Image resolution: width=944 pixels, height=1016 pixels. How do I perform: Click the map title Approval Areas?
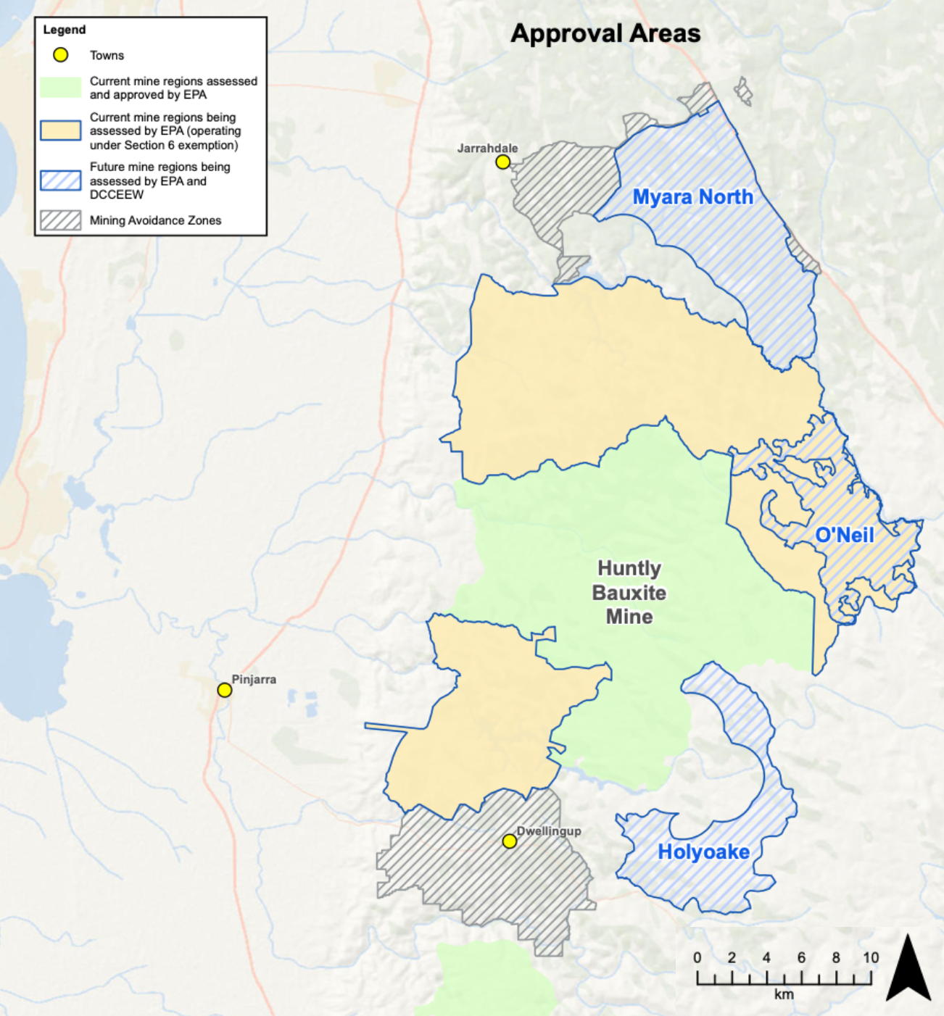[x=605, y=34]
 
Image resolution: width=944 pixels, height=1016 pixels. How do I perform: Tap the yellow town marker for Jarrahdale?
[x=502, y=162]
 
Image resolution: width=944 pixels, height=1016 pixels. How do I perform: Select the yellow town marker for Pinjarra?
[x=225, y=690]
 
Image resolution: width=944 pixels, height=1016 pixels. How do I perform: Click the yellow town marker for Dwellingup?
[x=510, y=841]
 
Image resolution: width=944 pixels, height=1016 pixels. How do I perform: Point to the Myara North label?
[x=692, y=197]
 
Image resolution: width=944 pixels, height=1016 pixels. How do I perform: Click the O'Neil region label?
[x=844, y=536]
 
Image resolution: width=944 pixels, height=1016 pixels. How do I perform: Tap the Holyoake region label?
[x=703, y=852]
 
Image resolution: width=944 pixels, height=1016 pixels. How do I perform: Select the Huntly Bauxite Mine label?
[x=629, y=593]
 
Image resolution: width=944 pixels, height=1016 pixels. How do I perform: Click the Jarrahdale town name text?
[x=487, y=149]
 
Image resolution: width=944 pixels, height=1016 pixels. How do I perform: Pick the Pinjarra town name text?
[x=254, y=680]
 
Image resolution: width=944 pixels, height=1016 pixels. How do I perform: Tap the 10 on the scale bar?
[x=870, y=958]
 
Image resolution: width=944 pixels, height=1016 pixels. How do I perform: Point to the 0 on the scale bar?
[x=697, y=958]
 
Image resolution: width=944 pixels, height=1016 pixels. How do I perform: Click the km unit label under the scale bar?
[x=784, y=994]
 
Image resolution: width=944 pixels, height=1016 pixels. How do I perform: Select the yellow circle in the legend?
[x=61, y=55]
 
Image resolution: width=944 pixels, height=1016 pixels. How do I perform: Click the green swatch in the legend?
[x=61, y=88]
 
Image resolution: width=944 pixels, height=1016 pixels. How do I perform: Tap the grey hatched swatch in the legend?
[x=61, y=220]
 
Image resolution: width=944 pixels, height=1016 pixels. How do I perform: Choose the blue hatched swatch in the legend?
[x=61, y=180]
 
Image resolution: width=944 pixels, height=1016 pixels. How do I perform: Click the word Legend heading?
[x=65, y=30]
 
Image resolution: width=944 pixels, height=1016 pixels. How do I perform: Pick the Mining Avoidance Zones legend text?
[x=155, y=220]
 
